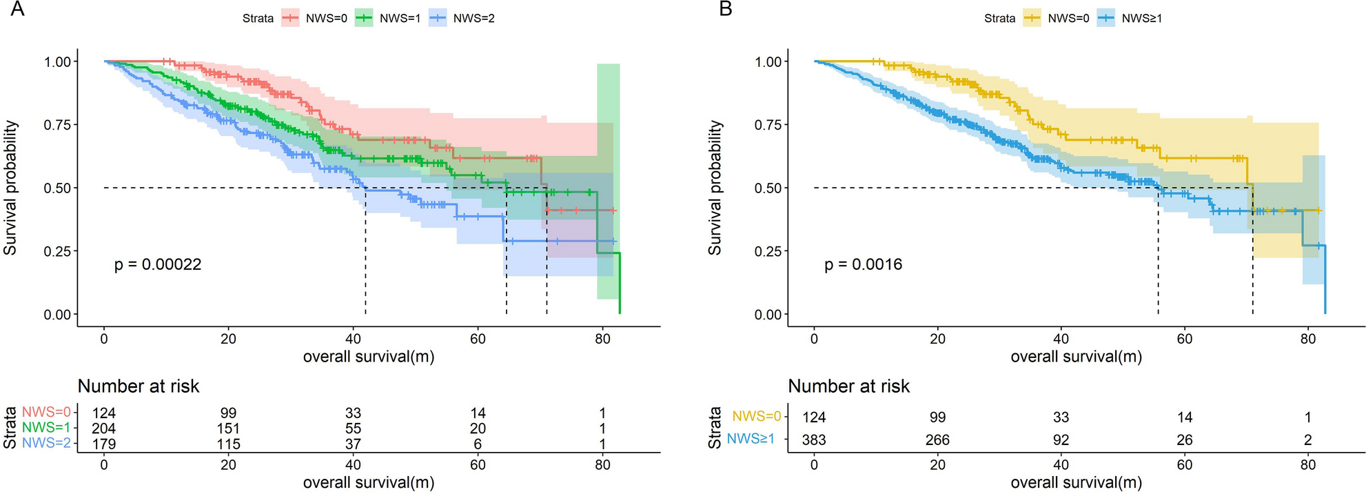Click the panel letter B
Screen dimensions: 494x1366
tap(726, 9)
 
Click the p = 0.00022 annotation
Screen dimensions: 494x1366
tap(158, 265)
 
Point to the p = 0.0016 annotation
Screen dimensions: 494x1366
tap(863, 265)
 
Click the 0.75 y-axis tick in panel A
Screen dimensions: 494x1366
tap(57, 125)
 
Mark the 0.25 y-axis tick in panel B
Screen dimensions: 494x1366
tap(768, 251)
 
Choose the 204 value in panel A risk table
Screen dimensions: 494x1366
tap(104, 428)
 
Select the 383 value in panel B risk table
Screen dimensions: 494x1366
tap(814, 440)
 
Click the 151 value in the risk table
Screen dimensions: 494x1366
tap(228, 428)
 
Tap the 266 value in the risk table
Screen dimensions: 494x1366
tap(937, 440)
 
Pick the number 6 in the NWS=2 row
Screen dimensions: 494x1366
tap(478, 444)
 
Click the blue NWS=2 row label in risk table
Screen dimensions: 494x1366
tap(46, 444)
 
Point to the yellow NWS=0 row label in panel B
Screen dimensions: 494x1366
tap(756, 417)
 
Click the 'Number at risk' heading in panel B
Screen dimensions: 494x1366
tap(848, 386)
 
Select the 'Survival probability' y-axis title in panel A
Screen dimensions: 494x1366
tap(10, 188)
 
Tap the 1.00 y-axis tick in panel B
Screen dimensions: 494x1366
tap(768, 62)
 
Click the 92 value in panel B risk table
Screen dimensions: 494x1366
tap(1061, 440)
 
